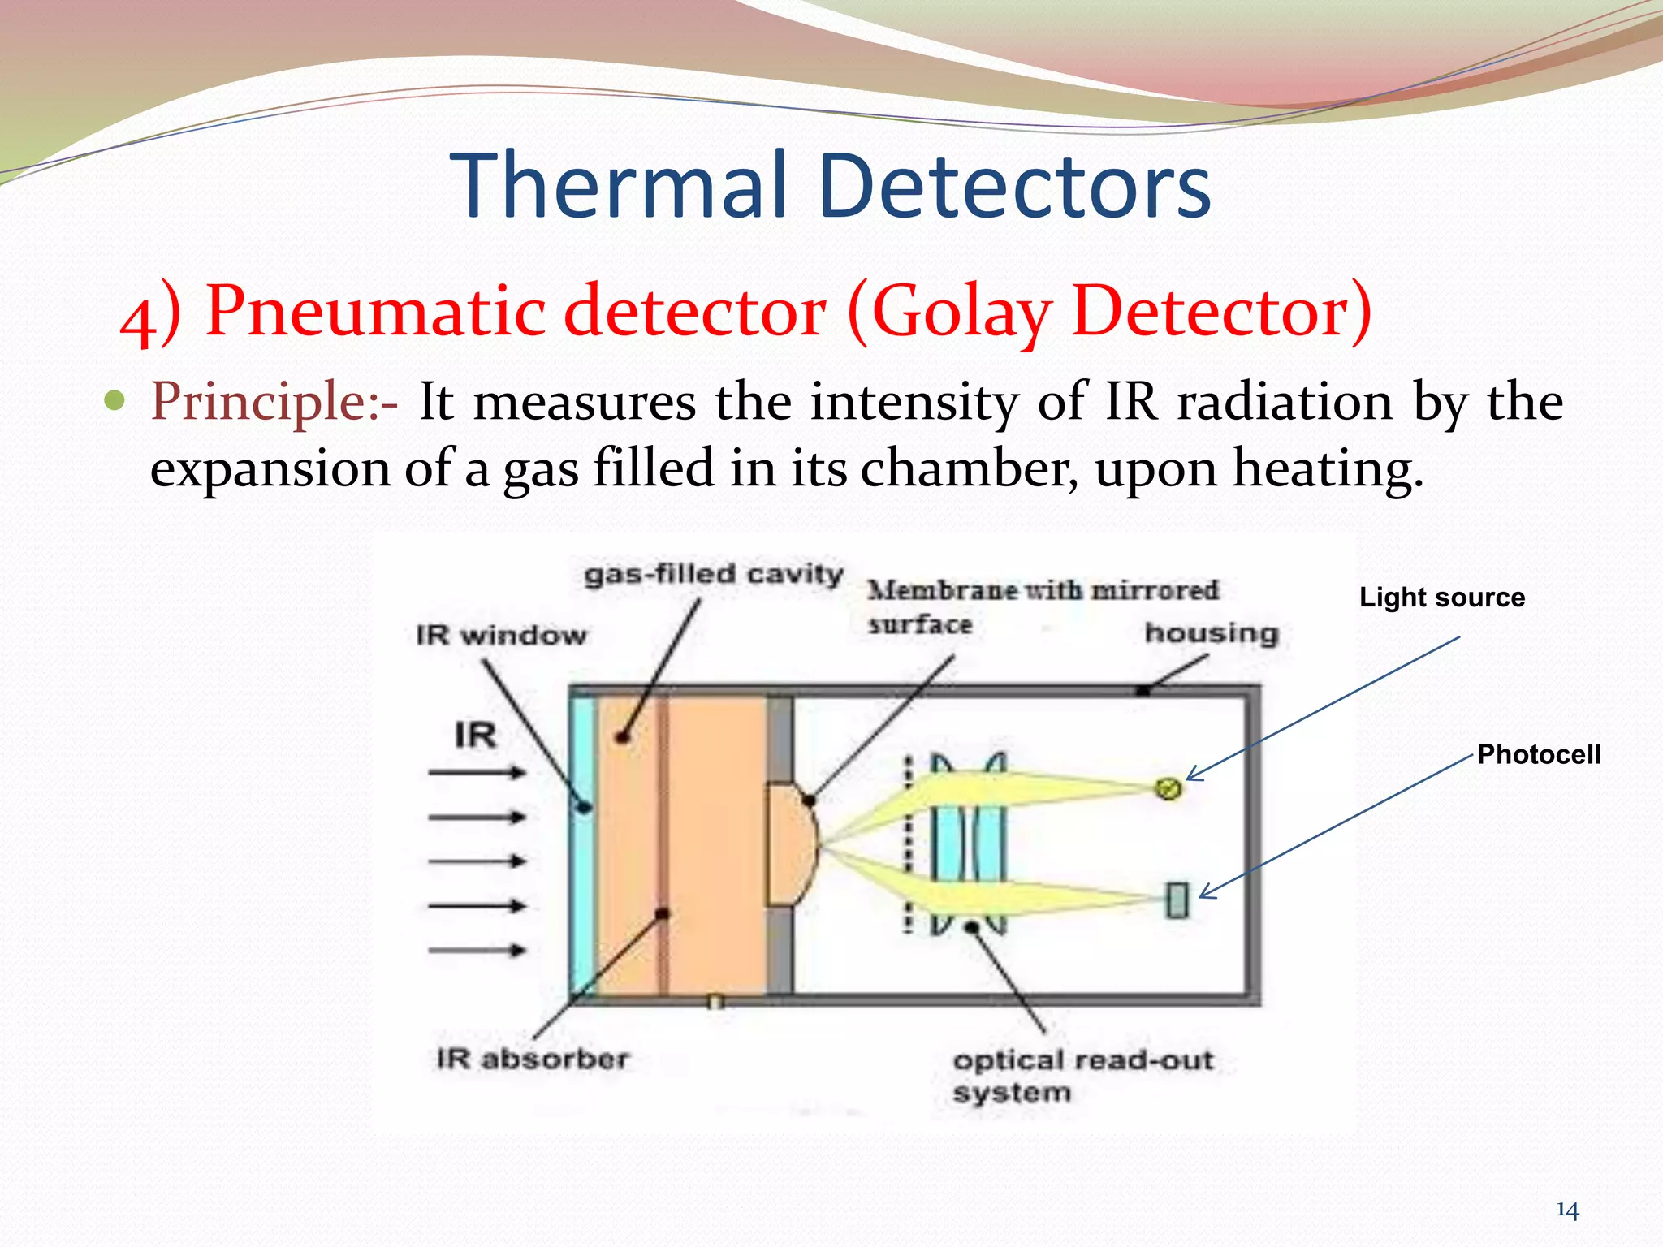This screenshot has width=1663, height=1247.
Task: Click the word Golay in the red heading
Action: [x=961, y=312]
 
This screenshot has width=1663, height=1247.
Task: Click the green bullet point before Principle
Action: [x=115, y=400]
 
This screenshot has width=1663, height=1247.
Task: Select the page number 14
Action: [x=1567, y=1210]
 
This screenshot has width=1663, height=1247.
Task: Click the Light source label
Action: [x=1442, y=598]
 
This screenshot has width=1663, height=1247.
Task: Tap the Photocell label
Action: [x=1539, y=754]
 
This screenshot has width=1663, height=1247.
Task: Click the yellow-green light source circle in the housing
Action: [x=1168, y=787]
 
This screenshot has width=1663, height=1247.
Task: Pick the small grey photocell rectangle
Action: [x=1177, y=900]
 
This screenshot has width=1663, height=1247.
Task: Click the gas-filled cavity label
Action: [x=714, y=574]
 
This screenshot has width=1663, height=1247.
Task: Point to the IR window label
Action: [x=501, y=635]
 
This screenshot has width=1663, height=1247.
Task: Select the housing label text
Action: [x=1212, y=632]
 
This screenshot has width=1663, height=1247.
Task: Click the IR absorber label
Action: [x=533, y=1059]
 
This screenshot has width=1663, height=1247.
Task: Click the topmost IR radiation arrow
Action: [x=477, y=773]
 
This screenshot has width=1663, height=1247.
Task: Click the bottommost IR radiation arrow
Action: [x=477, y=950]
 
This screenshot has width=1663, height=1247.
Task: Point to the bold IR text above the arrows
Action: [x=475, y=736]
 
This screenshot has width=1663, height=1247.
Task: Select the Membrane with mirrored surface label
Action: [x=1042, y=606]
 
